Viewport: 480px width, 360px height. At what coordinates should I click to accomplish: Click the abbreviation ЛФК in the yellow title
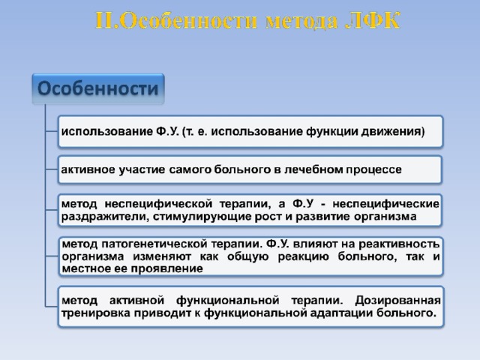(x=373, y=21)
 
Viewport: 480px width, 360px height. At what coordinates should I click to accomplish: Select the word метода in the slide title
(x=301, y=22)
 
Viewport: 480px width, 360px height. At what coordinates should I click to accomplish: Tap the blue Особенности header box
(x=98, y=88)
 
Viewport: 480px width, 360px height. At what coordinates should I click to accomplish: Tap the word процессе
(x=373, y=170)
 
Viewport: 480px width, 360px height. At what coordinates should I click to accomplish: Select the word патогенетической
(x=154, y=244)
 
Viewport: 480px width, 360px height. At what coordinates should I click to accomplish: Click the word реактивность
(x=399, y=244)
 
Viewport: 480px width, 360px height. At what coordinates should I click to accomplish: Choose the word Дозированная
(x=397, y=301)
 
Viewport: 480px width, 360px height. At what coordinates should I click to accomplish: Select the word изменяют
(x=162, y=256)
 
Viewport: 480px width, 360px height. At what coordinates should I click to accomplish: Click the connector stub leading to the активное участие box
(x=52, y=169)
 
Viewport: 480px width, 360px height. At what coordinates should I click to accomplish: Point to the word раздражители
(x=105, y=217)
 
